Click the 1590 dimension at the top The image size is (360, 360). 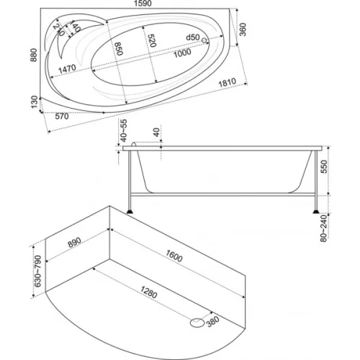click(143, 4)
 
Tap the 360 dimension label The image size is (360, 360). click(243, 30)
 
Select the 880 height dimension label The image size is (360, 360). click(34, 55)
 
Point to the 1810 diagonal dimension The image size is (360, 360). click(228, 83)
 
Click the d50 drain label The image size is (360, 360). click(193, 37)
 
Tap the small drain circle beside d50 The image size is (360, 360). click(204, 40)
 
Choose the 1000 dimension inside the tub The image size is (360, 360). click(182, 53)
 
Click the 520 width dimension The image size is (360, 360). click(152, 40)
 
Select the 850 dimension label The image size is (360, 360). click(119, 49)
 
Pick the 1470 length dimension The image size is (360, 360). click(67, 69)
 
